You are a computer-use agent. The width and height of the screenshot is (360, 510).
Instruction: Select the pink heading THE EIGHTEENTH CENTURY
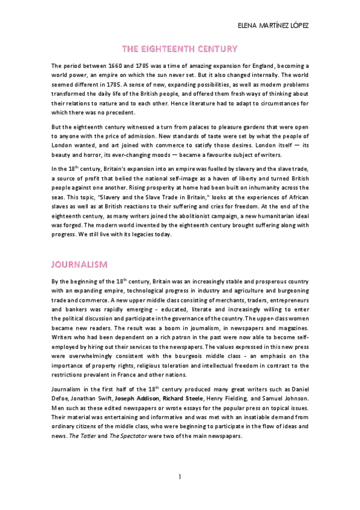(180, 49)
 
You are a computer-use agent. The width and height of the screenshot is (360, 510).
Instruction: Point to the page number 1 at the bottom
(179, 477)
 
